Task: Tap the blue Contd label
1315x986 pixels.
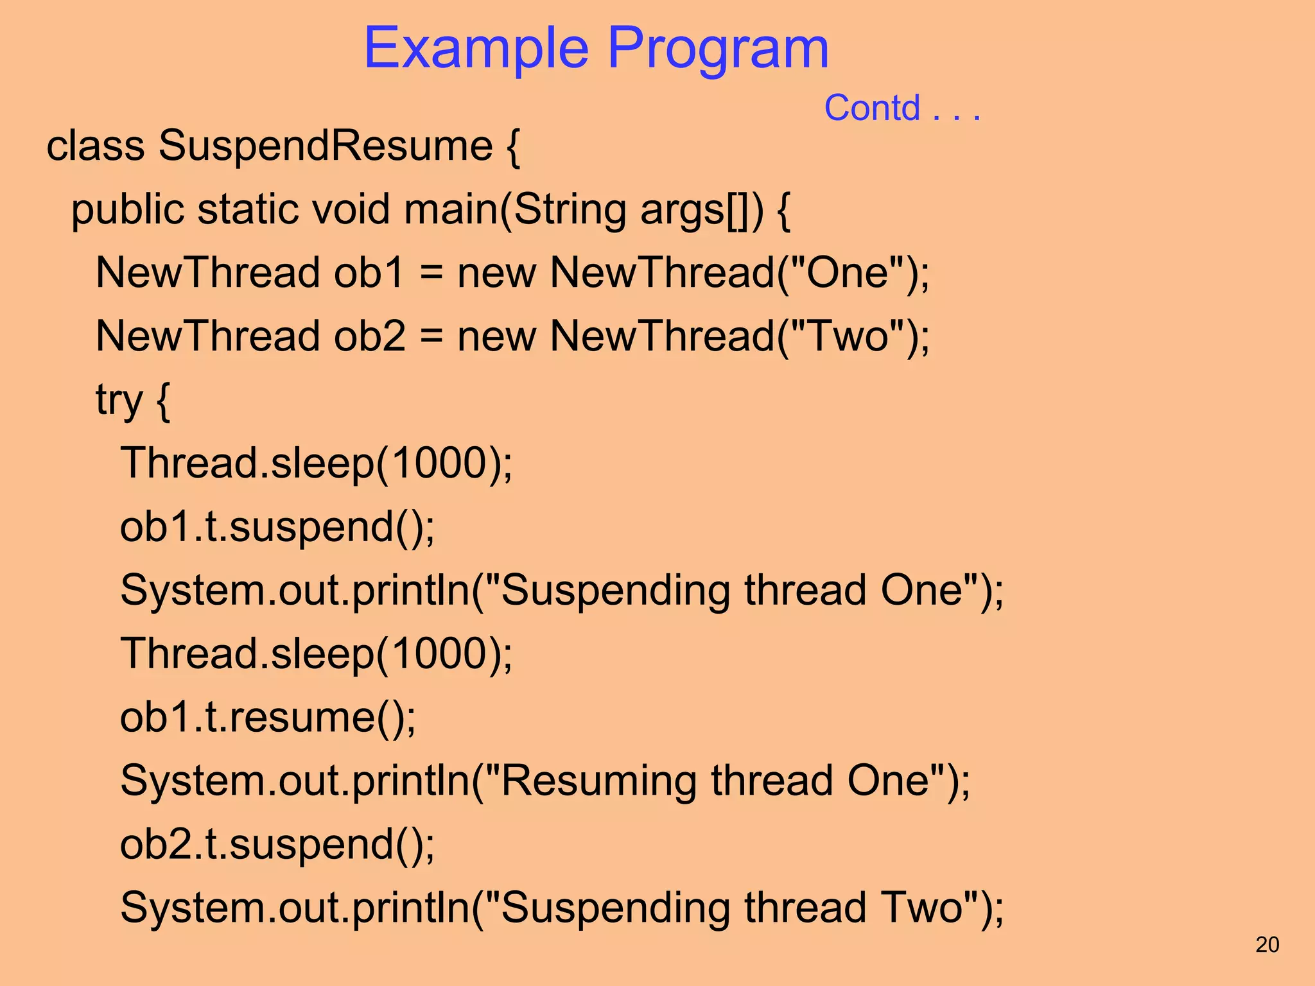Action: click(x=872, y=108)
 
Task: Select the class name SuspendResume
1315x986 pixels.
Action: click(x=326, y=146)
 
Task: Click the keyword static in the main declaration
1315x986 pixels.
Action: click(x=248, y=210)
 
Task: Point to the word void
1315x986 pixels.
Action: click(x=351, y=210)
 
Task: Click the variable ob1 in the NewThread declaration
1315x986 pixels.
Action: click(x=368, y=273)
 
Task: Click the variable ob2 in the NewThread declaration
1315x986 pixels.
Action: click(x=369, y=336)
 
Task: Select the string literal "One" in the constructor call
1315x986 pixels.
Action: click(x=848, y=273)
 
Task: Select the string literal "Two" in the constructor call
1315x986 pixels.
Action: click(x=848, y=336)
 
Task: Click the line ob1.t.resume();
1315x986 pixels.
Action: click(x=268, y=718)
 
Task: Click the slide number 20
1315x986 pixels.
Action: click(x=1267, y=945)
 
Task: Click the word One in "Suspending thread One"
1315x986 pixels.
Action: click(x=922, y=591)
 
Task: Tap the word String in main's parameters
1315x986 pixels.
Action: click(x=570, y=210)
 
